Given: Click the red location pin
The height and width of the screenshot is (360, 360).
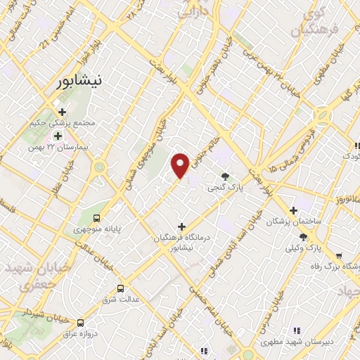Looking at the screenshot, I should pos(181,165).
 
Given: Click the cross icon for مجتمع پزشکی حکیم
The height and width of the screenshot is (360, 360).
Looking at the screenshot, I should pos(63,112).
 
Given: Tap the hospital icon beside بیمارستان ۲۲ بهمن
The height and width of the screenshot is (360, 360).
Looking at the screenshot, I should pos(58,135).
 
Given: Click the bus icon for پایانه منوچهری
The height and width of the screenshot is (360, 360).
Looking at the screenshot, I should pos(96,217).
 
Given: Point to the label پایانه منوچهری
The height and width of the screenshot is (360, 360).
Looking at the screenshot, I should pos(96,229).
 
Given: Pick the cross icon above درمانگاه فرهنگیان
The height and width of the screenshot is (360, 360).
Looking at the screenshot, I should pos(182,226).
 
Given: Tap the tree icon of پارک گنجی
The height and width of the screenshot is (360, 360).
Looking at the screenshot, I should pos(225,176).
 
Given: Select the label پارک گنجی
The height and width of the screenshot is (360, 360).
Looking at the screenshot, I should pos(221,188).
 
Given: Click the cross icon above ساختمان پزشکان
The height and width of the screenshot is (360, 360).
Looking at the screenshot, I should pos(294,210).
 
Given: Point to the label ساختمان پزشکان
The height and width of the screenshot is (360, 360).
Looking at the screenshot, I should pos(293,221).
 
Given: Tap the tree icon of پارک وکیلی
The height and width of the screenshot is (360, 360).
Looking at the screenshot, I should pos(303,237).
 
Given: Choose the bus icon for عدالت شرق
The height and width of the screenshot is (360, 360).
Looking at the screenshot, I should pos(120,288).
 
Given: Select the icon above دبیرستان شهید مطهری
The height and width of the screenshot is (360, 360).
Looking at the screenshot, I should pos(296,330).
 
